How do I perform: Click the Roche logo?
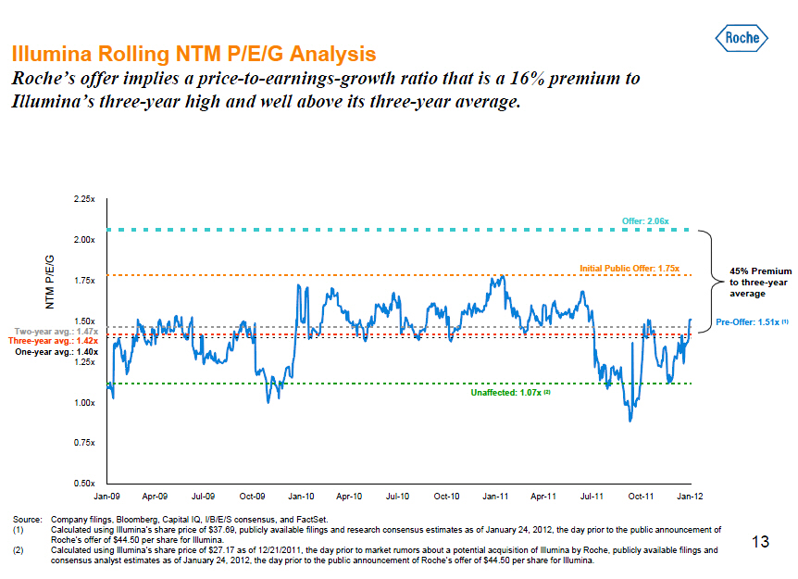coord(743,39)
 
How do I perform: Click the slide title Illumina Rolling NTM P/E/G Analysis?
coord(193,53)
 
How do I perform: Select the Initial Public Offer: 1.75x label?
coord(630,269)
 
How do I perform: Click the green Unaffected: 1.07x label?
coord(511,393)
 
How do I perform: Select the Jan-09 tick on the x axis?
coord(108,497)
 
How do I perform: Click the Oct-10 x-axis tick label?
coord(447,497)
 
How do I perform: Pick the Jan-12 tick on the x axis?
coord(690,497)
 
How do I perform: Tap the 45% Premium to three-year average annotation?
coord(760,283)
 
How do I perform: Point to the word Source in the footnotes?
coord(20,520)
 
